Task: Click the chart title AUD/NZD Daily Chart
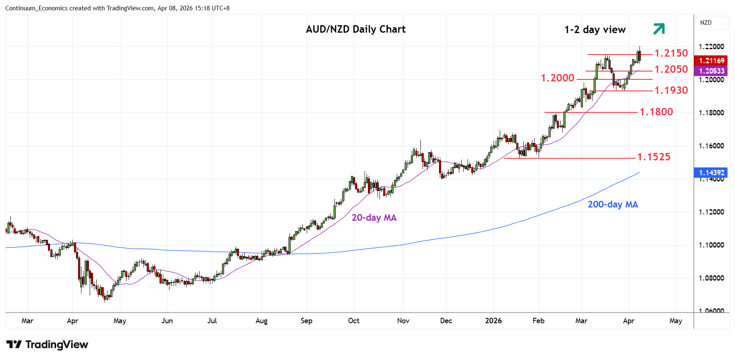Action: (356, 29)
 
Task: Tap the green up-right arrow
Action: (659, 29)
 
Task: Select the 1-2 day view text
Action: (595, 30)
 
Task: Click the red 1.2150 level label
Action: (671, 53)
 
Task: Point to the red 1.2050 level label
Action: (671, 69)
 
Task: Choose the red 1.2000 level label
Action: (558, 78)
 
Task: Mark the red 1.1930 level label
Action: (671, 91)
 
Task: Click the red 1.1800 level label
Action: (656, 112)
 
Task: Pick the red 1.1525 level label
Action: (654, 157)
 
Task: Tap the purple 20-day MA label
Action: (374, 218)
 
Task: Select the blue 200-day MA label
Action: (613, 205)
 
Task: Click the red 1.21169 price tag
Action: (711, 61)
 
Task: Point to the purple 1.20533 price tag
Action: (711, 71)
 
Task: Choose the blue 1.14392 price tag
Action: (711, 173)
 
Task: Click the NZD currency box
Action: (706, 23)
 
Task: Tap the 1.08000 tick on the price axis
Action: (711, 278)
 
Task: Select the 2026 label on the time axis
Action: (493, 321)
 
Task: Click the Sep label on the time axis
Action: (306, 321)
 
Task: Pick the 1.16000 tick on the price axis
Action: (711, 146)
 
